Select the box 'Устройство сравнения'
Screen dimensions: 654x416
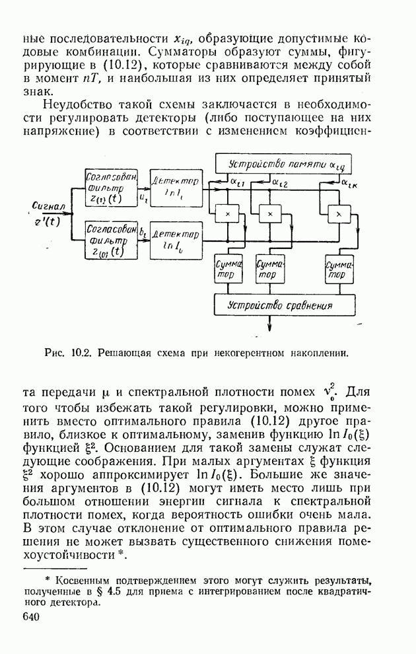pyautogui.click(x=279, y=306)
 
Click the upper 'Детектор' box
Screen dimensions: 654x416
pyautogui.click(x=175, y=186)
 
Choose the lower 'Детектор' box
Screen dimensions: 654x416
pyautogui.click(x=175, y=240)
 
